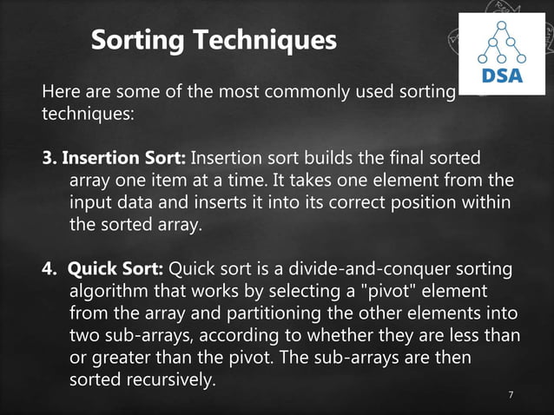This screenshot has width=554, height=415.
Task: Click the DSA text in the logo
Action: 503,76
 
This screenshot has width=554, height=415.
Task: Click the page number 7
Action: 511,396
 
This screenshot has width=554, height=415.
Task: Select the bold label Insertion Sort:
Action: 122,159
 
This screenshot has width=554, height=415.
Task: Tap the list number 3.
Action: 49,159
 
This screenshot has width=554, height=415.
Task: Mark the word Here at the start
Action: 62,91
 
